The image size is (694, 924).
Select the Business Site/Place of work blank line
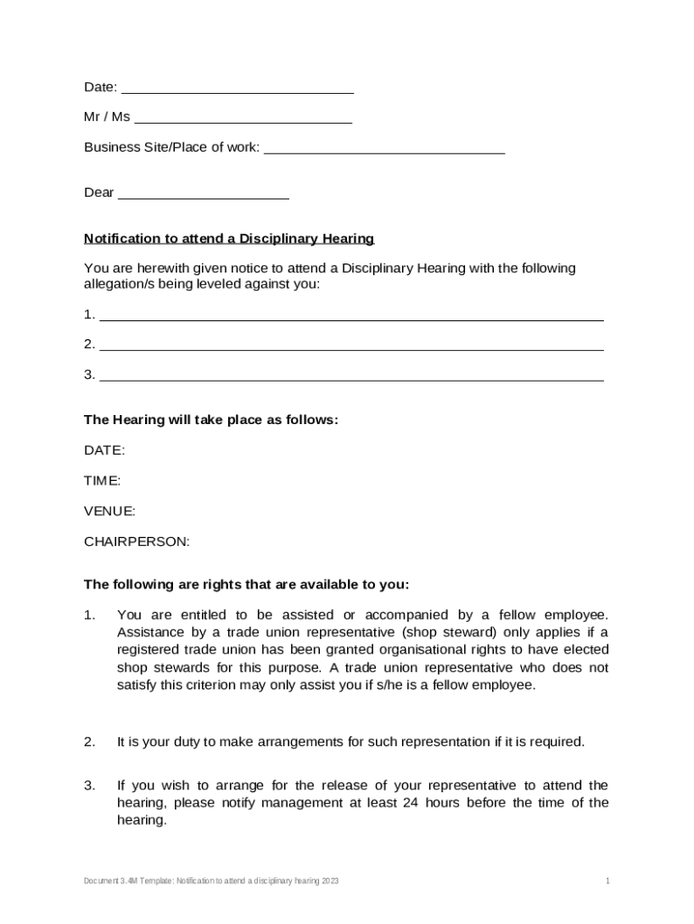point(384,149)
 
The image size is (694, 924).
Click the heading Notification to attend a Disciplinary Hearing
point(229,239)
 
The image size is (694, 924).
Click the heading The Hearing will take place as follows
point(211,420)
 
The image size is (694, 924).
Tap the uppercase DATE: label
point(105,450)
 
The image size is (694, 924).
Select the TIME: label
point(102,481)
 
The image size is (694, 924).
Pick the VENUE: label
point(110,512)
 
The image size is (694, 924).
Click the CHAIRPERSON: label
point(137,542)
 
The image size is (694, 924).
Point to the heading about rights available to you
point(246,583)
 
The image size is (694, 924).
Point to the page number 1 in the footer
point(608,880)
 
